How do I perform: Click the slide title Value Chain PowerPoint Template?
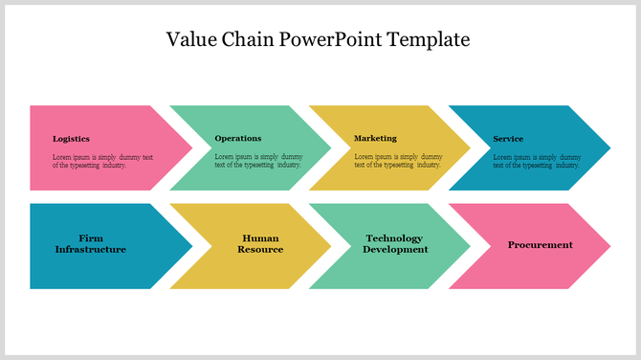(319, 40)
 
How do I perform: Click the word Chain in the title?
(250, 40)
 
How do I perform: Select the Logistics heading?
(71, 139)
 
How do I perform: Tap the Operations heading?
(237, 139)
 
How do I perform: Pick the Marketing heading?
(375, 139)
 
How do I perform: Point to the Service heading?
(508, 139)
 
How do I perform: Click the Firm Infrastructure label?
(91, 244)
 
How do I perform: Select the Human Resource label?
(260, 244)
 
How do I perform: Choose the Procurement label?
(540, 245)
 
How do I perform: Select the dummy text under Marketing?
(398, 161)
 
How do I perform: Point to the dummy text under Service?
(537, 161)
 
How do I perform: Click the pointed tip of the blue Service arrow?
(608, 148)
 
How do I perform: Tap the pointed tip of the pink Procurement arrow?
(608, 246)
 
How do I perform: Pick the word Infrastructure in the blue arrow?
(91, 250)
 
